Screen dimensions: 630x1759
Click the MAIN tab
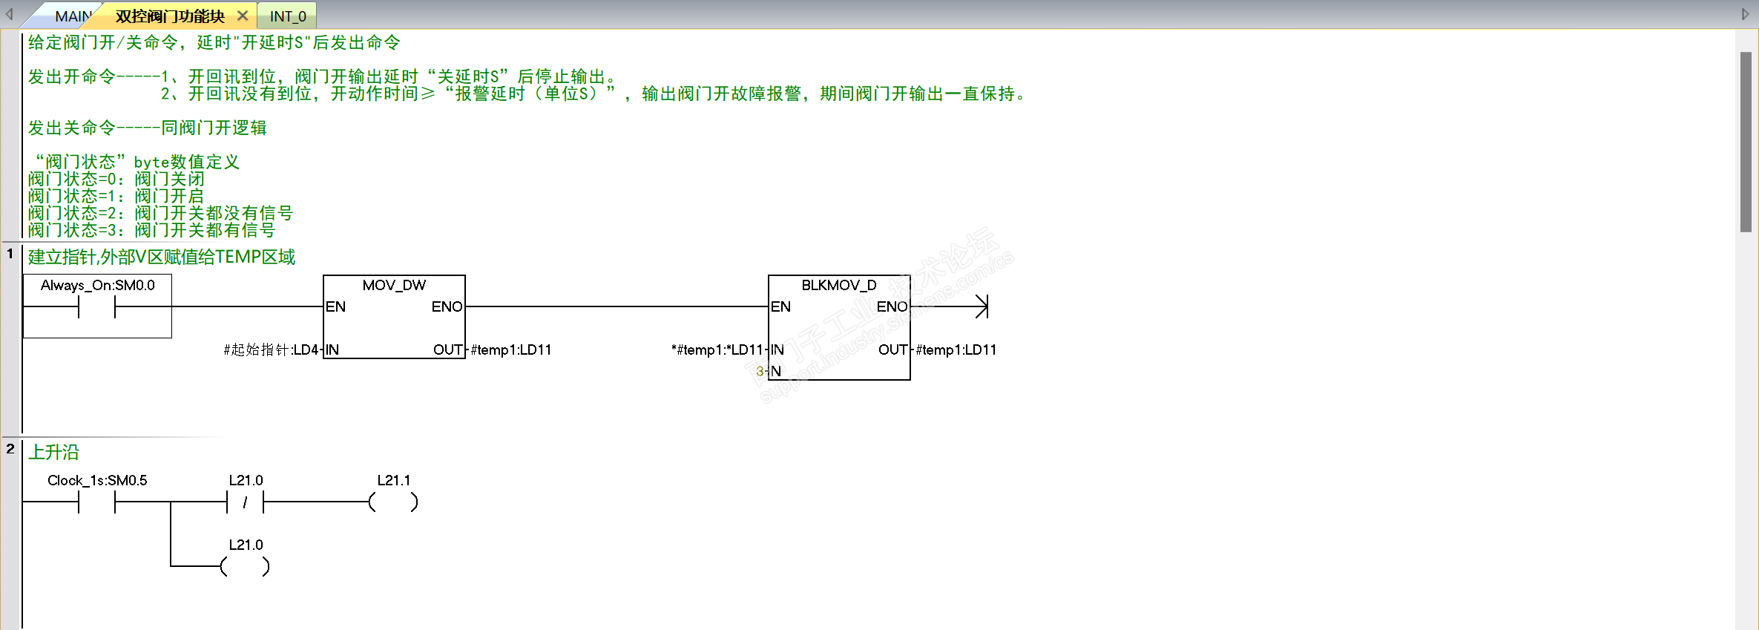[x=72, y=16]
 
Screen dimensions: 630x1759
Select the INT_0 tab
[x=288, y=16]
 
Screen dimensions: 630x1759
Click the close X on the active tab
[x=243, y=16]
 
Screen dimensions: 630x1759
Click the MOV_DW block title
[x=394, y=286]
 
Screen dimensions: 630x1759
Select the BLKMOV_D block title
[x=838, y=286]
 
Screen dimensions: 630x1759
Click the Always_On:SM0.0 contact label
[x=97, y=286]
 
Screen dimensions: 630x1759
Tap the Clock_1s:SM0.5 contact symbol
[x=96, y=502]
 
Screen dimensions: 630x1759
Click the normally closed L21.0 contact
[x=245, y=502]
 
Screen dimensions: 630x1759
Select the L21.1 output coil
[x=393, y=502]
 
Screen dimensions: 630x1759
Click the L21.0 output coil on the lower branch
[x=245, y=567]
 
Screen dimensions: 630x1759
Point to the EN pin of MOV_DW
[x=335, y=307]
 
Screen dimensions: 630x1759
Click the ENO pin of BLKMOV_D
[x=892, y=307]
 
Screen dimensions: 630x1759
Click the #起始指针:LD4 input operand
[x=271, y=350]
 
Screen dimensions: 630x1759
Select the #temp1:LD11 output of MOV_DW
[x=511, y=350]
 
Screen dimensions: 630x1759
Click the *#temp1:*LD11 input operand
[x=717, y=350]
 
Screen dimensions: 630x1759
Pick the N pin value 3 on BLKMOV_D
[x=760, y=371]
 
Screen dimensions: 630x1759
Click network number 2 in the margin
[x=10, y=449]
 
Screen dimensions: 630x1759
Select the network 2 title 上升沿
[x=53, y=452]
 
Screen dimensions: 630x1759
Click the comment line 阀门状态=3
[x=151, y=231]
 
